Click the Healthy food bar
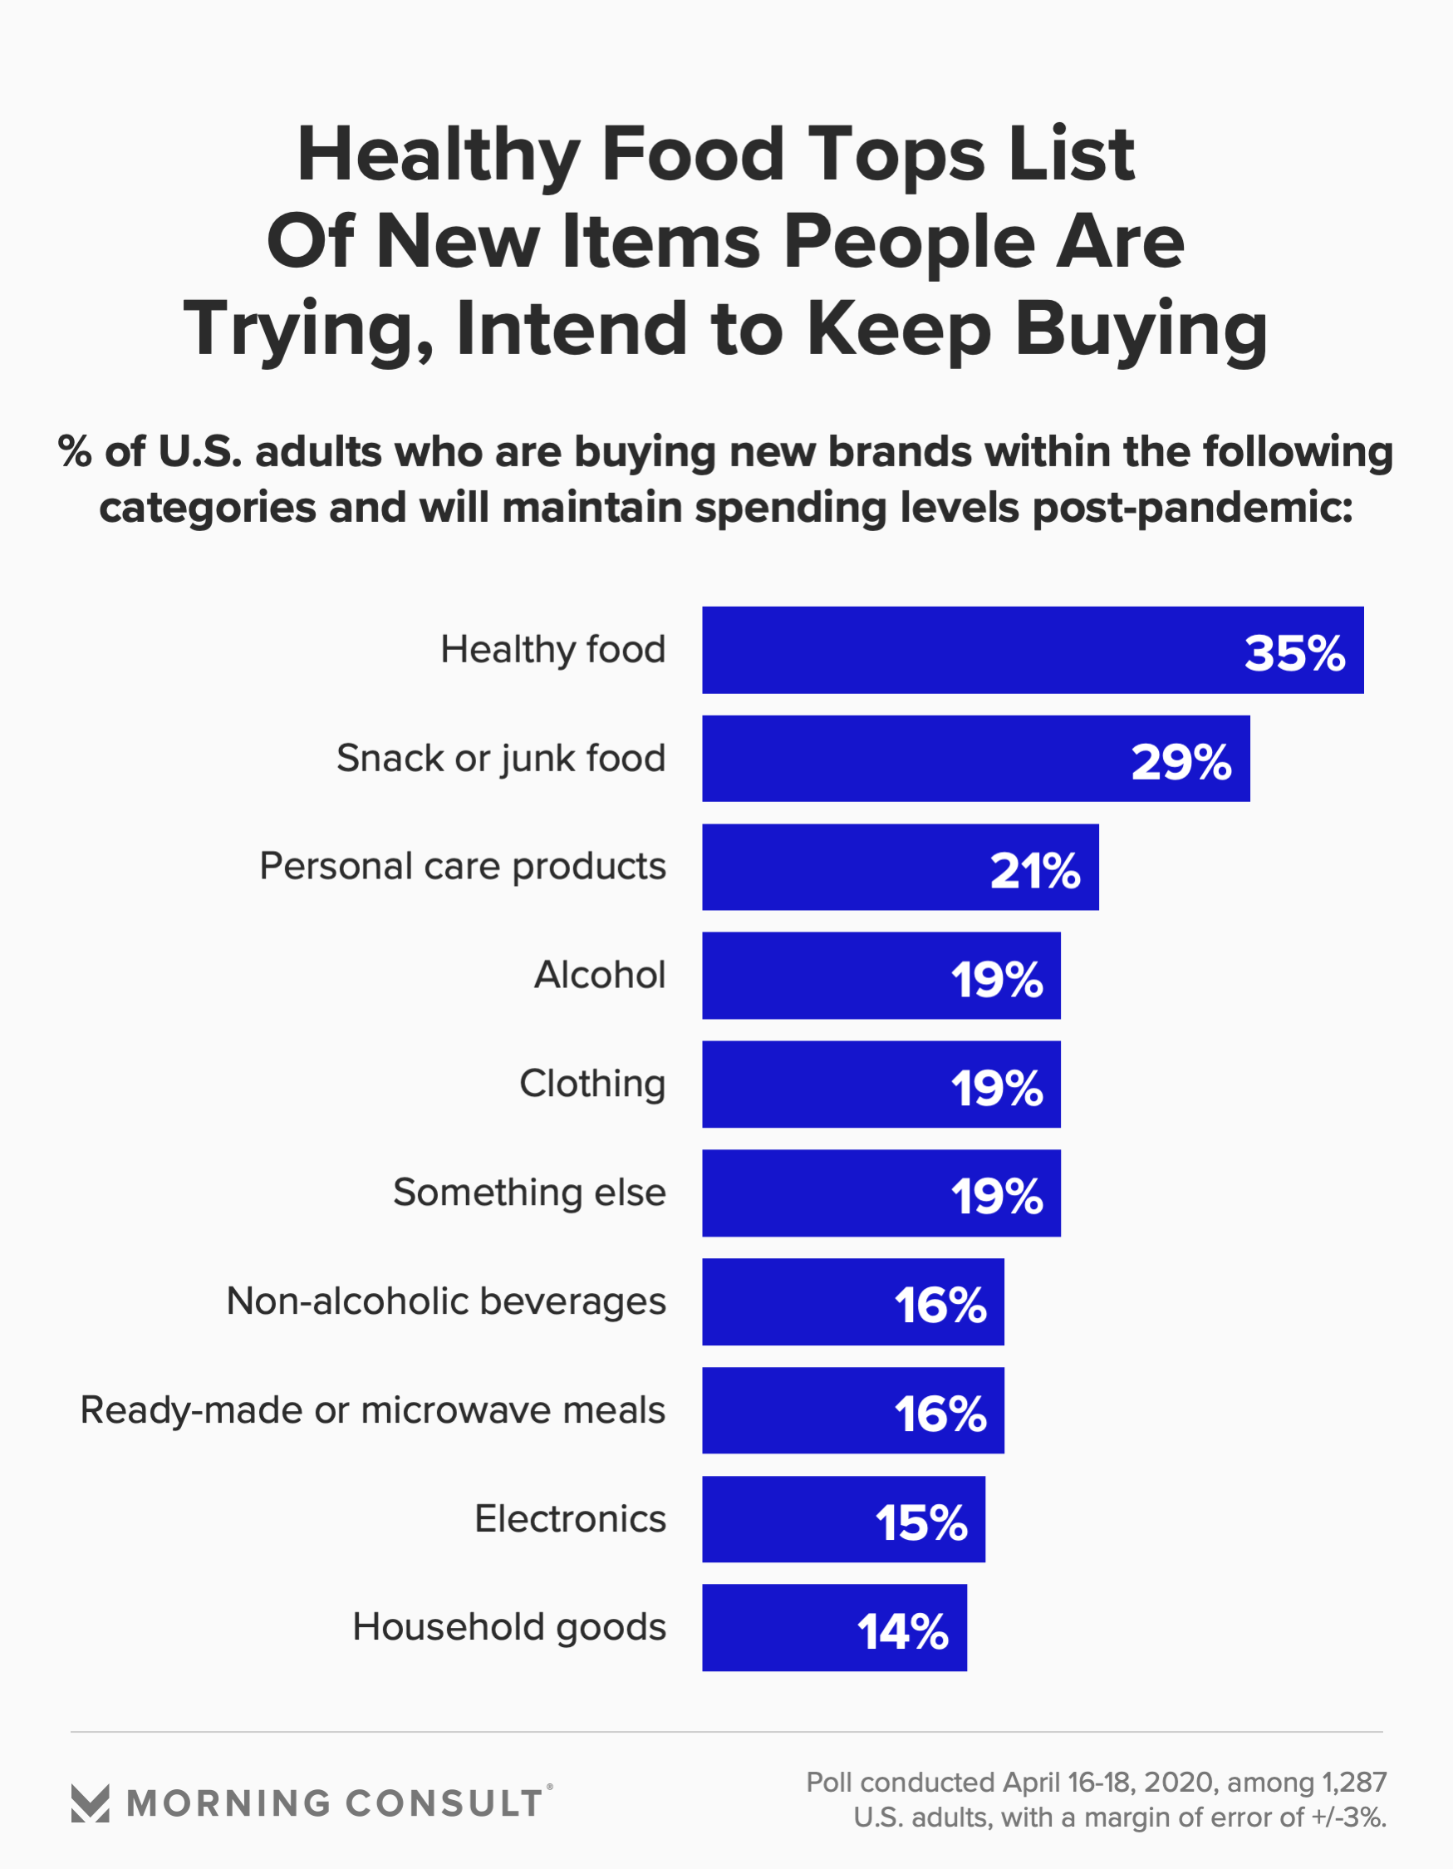[x=1032, y=650]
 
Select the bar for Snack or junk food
[x=975, y=758]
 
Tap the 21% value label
[x=1034, y=870]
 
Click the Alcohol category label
[x=599, y=975]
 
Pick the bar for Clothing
[x=881, y=1085]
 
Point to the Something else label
[x=529, y=1192]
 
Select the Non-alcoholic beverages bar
[x=852, y=1301]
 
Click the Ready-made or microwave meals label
[x=372, y=1410]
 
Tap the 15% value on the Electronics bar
[x=920, y=1522]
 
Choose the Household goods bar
[x=833, y=1628]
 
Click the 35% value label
[x=1293, y=653]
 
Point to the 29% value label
[x=1181, y=761]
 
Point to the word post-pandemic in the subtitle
[x=1192, y=508]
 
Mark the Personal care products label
[x=462, y=866]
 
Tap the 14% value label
[x=903, y=1631]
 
